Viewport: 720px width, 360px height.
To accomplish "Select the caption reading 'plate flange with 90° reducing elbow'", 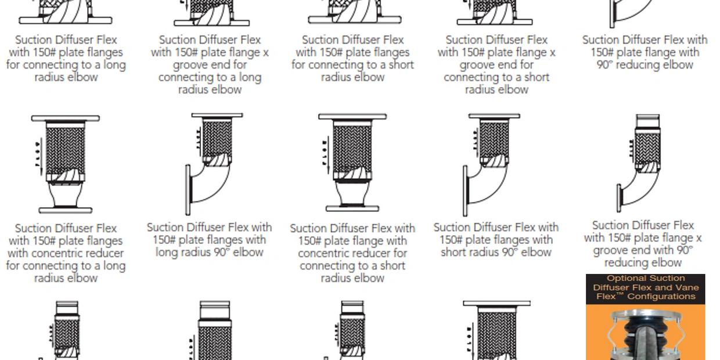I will [645, 52].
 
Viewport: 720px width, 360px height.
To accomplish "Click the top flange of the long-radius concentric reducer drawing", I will [65, 118].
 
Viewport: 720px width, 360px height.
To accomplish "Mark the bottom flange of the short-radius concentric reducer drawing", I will [352, 208].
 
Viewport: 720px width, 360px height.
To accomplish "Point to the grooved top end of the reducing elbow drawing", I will [647, 121].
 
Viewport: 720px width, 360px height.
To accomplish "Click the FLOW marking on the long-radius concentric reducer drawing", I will [38, 154].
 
